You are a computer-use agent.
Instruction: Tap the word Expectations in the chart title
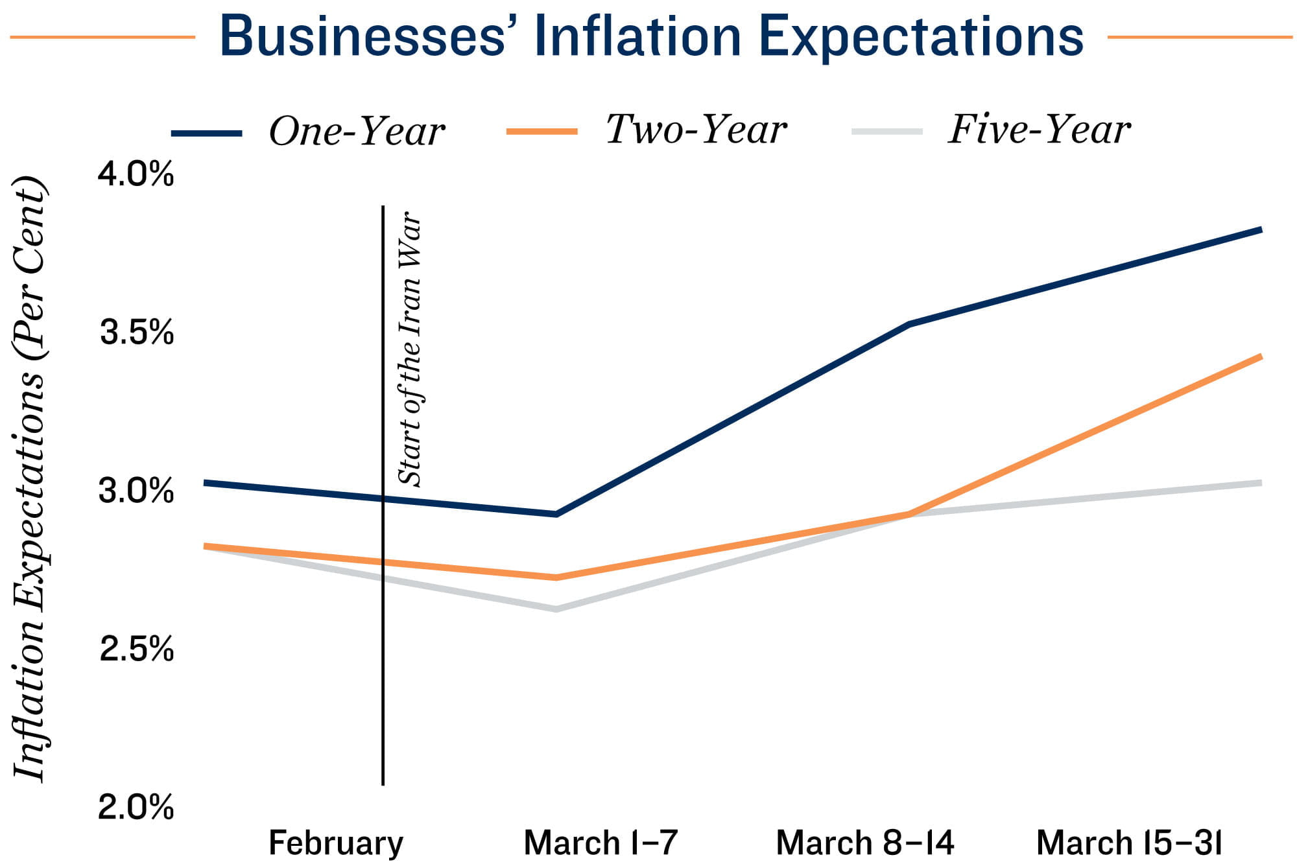[x=921, y=38]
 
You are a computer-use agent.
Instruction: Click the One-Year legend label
[x=357, y=132]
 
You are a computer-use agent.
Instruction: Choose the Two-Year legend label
[x=696, y=130]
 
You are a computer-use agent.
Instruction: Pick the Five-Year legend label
[x=1039, y=130]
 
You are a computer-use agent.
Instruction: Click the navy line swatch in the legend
[x=206, y=134]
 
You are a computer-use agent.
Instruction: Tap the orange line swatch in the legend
[x=542, y=132]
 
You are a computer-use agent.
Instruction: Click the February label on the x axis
[x=336, y=843]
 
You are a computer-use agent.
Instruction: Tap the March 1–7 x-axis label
[x=601, y=843]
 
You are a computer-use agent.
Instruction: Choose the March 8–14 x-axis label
[x=865, y=843]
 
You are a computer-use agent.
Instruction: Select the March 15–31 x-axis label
[x=1129, y=843]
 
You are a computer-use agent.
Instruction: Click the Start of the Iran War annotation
[x=410, y=349]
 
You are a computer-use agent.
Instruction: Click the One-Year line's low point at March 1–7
[x=556, y=514]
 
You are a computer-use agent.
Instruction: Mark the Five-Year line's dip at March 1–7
[x=556, y=609]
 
